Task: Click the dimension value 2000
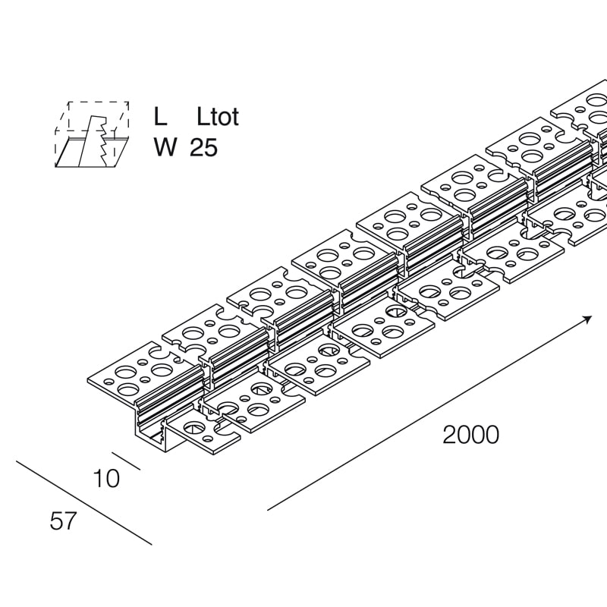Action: [x=470, y=435]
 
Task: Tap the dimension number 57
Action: [x=62, y=521]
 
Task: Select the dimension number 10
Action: [x=106, y=479]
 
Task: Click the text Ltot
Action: [x=218, y=116]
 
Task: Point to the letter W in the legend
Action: [x=165, y=147]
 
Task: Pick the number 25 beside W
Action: [x=203, y=147]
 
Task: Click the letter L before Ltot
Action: [x=160, y=116]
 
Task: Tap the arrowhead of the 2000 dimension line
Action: [x=587, y=319]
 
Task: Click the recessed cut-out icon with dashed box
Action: [x=92, y=134]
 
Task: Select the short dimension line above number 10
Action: [x=126, y=461]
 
